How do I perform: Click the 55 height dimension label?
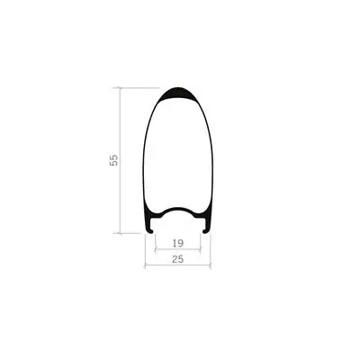coord(114,160)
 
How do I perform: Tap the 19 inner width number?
coord(178,243)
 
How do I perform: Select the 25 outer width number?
coord(178,259)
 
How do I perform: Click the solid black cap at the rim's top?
coord(178,94)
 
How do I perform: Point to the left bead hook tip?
coord(151,231)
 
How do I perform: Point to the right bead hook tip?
coord(204,231)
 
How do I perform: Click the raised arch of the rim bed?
coord(178,209)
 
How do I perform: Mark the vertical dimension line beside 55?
coord(121,160)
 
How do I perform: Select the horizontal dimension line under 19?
coord(177,248)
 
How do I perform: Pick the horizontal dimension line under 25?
coord(177,265)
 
